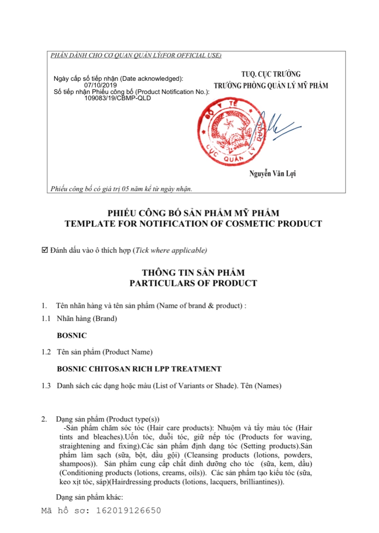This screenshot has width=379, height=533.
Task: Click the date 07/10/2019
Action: [x=100, y=85]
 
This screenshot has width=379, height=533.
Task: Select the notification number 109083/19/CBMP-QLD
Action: [x=118, y=98]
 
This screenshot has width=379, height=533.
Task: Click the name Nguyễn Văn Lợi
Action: [x=272, y=173]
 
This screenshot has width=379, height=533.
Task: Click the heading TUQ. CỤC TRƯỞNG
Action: [x=271, y=74]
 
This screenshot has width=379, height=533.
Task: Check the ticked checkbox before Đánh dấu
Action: [x=45, y=250]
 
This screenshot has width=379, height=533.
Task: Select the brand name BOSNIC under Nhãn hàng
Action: [x=72, y=335]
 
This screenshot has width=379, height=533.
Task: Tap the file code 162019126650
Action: [x=128, y=510]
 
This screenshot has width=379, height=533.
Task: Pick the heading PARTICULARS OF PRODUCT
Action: [x=193, y=283]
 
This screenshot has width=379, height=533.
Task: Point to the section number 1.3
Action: [x=46, y=385]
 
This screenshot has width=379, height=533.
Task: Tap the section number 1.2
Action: [x=46, y=352]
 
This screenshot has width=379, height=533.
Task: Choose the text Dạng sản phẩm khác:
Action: [x=90, y=497]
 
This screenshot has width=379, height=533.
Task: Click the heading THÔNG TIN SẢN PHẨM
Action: [x=193, y=272]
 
